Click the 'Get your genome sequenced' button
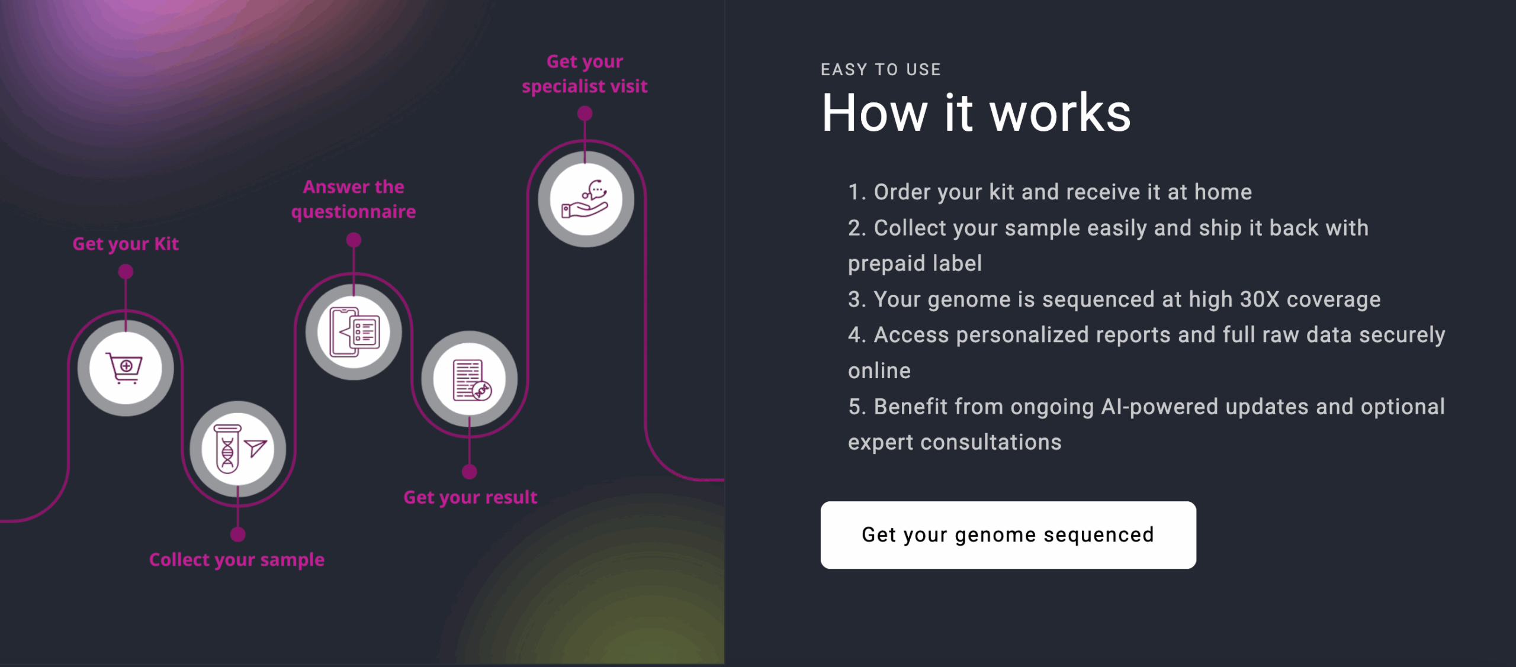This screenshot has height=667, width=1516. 1008,535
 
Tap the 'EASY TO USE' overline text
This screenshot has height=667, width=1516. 881,70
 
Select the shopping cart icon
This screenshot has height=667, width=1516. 125,368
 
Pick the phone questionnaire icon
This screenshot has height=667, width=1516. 354,332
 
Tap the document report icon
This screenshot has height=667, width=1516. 470,379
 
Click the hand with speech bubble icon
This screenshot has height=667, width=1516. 586,199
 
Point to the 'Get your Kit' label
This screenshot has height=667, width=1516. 126,244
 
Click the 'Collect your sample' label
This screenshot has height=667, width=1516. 237,560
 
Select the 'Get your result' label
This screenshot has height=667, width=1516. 470,497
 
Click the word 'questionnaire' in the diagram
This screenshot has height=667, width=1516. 354,212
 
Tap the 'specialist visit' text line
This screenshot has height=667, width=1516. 584,86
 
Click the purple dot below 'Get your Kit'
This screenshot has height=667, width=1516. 126,272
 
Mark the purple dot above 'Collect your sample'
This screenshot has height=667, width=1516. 237,534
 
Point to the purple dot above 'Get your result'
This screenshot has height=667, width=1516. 470,472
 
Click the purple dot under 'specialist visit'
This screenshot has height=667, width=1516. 585,113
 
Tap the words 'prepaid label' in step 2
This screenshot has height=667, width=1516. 915,263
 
